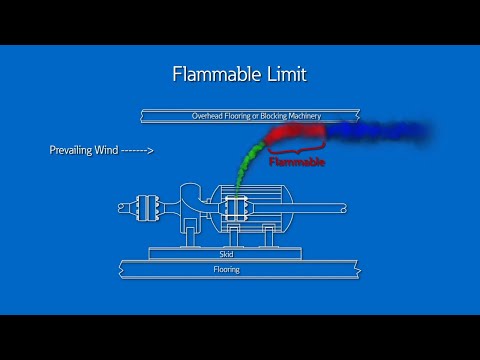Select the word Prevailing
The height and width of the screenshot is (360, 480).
(74, 151)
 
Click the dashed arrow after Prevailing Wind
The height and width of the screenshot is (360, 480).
(137, 151)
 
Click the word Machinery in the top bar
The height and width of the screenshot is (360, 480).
(300, 116)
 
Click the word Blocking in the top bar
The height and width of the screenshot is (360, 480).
(266, 116)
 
